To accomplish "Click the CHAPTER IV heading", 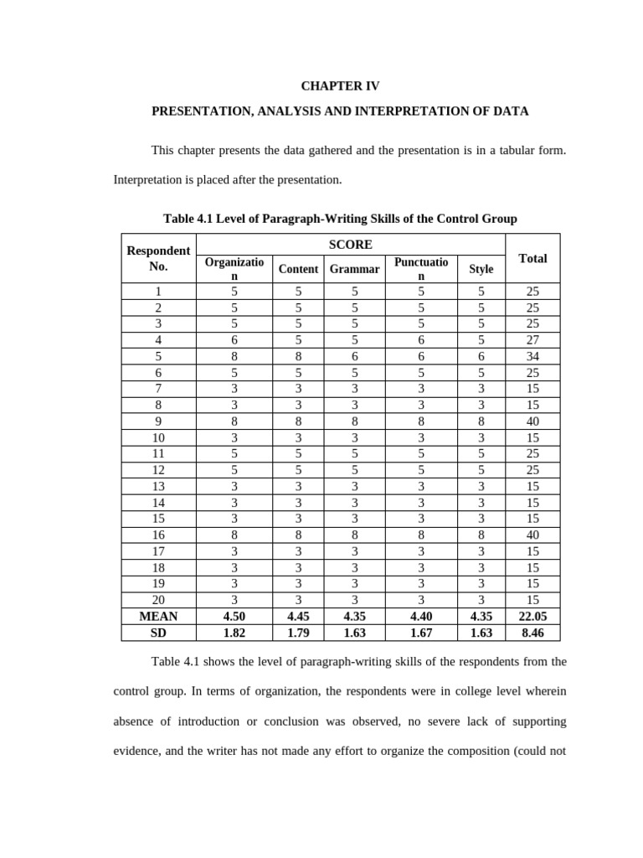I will pos(340,85).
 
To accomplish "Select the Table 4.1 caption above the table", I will pos(340,219).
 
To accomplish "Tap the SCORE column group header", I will pos(351,245).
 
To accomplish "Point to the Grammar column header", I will pos(354,269).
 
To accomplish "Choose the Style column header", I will pos(481,269).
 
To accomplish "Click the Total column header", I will pos(532,258).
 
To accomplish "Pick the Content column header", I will pos(298,269).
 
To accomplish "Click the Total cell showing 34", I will pos(532,356).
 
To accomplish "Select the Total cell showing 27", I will pos(532,340).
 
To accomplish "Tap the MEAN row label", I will pos(158,616).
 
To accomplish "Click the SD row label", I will pos(158,633).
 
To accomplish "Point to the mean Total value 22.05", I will pos(532,616).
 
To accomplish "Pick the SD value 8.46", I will pos(532,633).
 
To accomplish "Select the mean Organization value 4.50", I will pos(234,616).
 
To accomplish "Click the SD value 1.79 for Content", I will pos(298,633).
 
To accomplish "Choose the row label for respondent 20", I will pos(158,600).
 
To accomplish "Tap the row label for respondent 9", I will pos(158,421).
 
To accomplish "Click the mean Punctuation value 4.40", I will pos(421,616).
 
